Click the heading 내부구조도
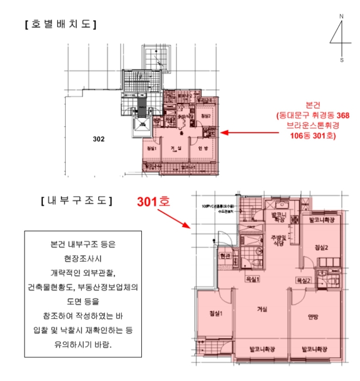[x=77, y=201]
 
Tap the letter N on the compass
[x=342, y=16]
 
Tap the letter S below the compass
[x=342, y=60]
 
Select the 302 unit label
[x=98, y=139]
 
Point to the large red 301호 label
[x=153, y=201]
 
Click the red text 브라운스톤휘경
[x=313, y=125]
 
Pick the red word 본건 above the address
[x=313, y=104]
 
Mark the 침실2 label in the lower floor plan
[x=322, y=248]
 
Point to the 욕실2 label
[x=303, y=280]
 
